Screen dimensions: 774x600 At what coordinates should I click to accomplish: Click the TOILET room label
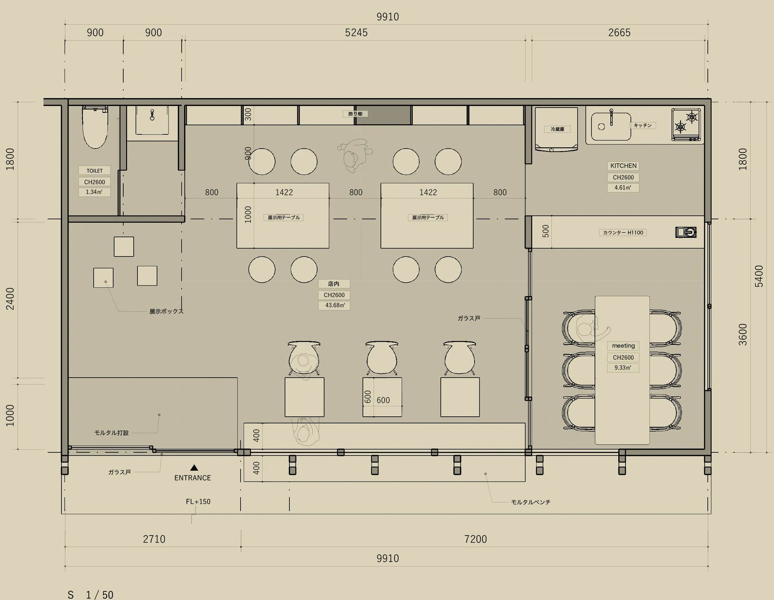pyautogui.click(x=94, y=170)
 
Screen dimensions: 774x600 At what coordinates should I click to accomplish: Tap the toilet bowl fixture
pyautogui.click(x=95, y=127)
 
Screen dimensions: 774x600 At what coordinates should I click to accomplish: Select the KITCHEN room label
pyautogui.click(x=623, y=166)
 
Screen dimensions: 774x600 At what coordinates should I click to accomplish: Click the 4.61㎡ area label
pyautogui.click(x=623, y=188)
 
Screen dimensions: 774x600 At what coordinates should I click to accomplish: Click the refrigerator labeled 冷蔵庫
pyautogui.click(x=556, y=130)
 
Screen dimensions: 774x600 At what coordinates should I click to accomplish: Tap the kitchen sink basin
pyautogui.click(x=611, y=127)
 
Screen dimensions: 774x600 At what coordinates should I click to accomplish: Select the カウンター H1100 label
pyautogui.click(x=623, y=233)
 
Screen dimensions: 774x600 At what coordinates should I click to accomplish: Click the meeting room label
pyautogui.click(x=623, y=346)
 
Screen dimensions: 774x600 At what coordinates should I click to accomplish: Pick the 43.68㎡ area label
pyautogui.click(x=335, y=305)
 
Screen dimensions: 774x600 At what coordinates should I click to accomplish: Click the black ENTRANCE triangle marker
pyautogui.click(x=194, y=468)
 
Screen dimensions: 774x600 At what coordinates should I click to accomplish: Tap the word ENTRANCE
pyautogui.click(x=192, y=478)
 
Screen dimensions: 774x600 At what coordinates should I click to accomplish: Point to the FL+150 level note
pyautogui.click(x=198, y=501)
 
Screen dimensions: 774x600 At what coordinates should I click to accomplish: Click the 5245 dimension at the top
pyautogui.click(x=356, y=33)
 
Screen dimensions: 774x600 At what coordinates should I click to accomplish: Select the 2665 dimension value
pyautogui.click(x=619, y=33)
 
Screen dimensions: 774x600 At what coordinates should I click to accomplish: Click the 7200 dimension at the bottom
pyautogui.click(x=475, y=539)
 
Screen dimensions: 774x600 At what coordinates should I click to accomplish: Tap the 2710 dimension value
pyautogui.click(x=154, y=539)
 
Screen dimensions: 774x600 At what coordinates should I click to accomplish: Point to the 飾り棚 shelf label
pyautogui.click(x=355, y=114)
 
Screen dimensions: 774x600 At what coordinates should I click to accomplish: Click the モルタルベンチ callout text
pyautogui.click(x=531, y=502)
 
